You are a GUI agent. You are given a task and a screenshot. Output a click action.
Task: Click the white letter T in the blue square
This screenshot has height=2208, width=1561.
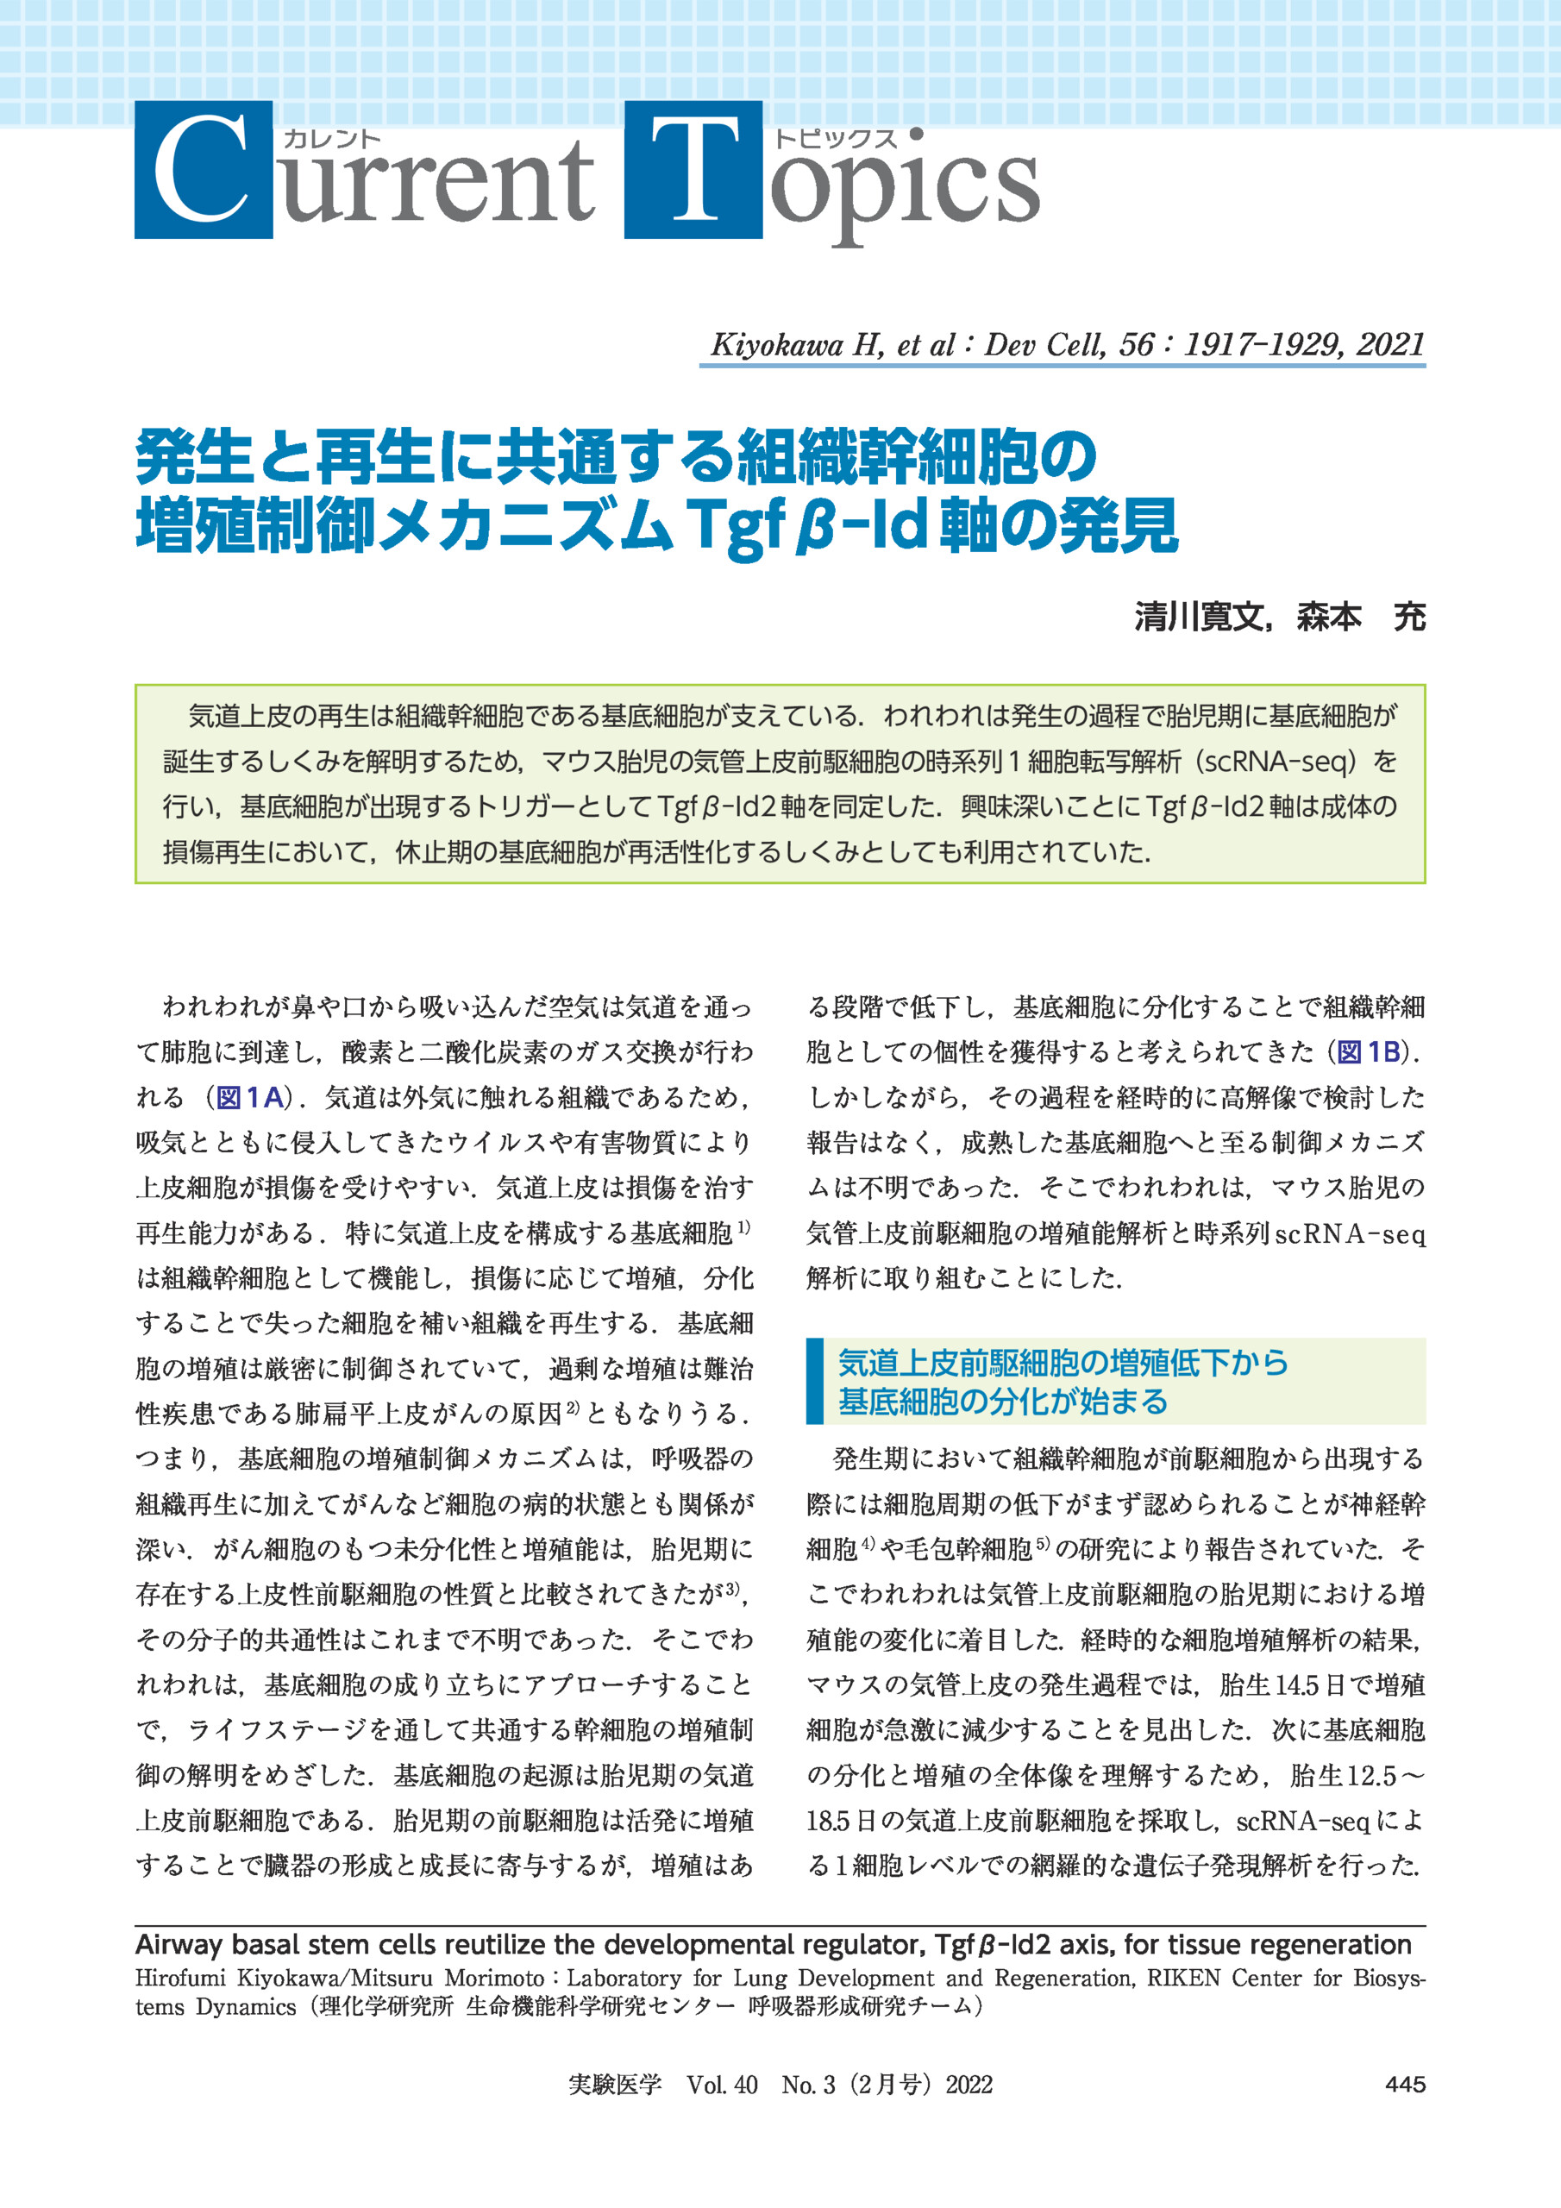tap(693, 171)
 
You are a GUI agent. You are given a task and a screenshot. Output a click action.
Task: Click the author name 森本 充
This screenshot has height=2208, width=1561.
tap(1360, 617)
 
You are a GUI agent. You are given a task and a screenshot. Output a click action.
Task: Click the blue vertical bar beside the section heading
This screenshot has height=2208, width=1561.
tap(815, 1381)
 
